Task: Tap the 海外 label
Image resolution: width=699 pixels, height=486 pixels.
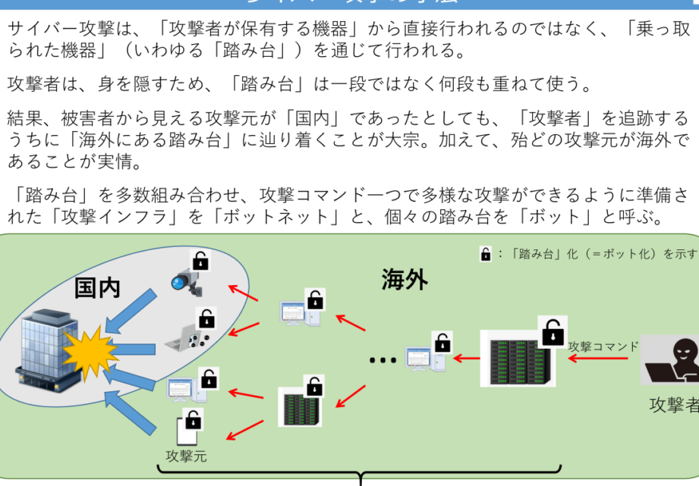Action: (404, 280)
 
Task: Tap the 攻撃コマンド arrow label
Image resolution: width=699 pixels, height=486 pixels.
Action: (603, 346)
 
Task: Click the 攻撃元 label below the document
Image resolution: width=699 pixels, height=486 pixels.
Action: (186, 456)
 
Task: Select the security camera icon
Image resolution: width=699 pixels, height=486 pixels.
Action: (187, 281)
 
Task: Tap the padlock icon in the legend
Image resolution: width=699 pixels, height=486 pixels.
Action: (486, 254)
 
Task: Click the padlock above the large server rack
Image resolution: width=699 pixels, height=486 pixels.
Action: (553, 331)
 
